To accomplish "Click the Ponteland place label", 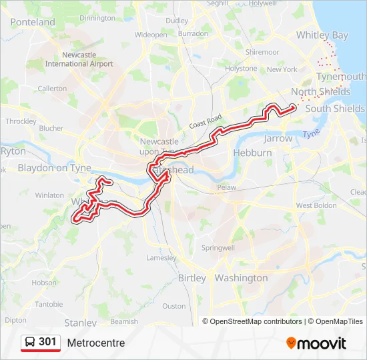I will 33,22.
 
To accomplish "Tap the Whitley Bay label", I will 322,35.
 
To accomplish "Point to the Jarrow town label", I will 278,139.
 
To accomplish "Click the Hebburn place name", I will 252,153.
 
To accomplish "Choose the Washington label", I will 241,278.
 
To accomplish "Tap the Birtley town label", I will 192,278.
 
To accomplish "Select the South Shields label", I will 334,108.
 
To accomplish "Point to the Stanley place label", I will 80,323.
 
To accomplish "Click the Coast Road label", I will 204,121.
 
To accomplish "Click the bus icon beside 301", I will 30,342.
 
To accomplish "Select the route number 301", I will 47,342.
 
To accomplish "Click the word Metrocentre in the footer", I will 95,343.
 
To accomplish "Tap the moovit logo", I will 316,343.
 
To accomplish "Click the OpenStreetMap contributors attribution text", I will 256,321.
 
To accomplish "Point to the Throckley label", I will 20,121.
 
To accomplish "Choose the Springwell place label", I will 218,248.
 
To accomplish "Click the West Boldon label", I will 316,205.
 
